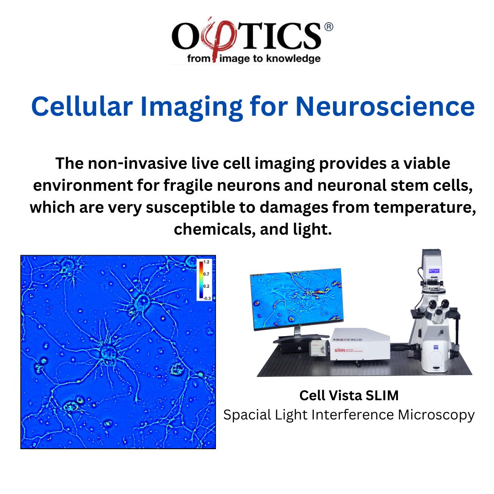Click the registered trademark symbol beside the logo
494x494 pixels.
[x=328, y=27]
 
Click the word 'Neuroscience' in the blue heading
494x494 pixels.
[x=386, y=107]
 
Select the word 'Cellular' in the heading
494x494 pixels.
[x=85, y=107]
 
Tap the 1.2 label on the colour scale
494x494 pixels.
[x=207, y=263]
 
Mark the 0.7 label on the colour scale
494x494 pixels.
[x=207, y=274]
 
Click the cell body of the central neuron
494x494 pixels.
[x=109, y=351]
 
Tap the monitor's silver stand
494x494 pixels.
[x=295, y=336]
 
